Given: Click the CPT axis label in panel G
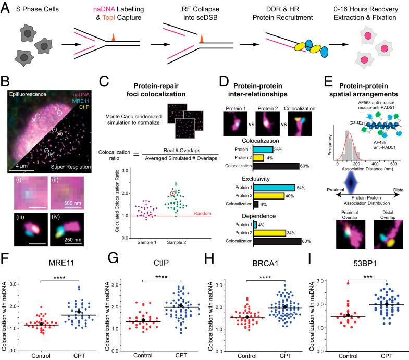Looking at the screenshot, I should click(180, 355).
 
